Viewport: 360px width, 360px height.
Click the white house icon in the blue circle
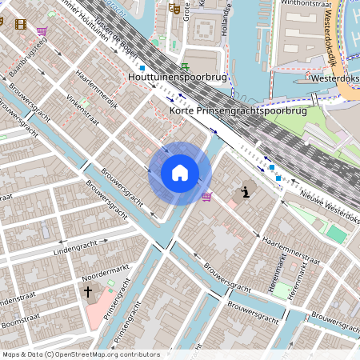180,173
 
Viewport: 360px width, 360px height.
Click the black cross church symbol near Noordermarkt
87,292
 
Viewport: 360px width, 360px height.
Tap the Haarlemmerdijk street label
96,90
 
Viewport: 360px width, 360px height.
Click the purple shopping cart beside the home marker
207,196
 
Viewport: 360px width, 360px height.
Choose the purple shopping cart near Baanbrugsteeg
41,31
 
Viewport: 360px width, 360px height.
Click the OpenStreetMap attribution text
81,354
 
